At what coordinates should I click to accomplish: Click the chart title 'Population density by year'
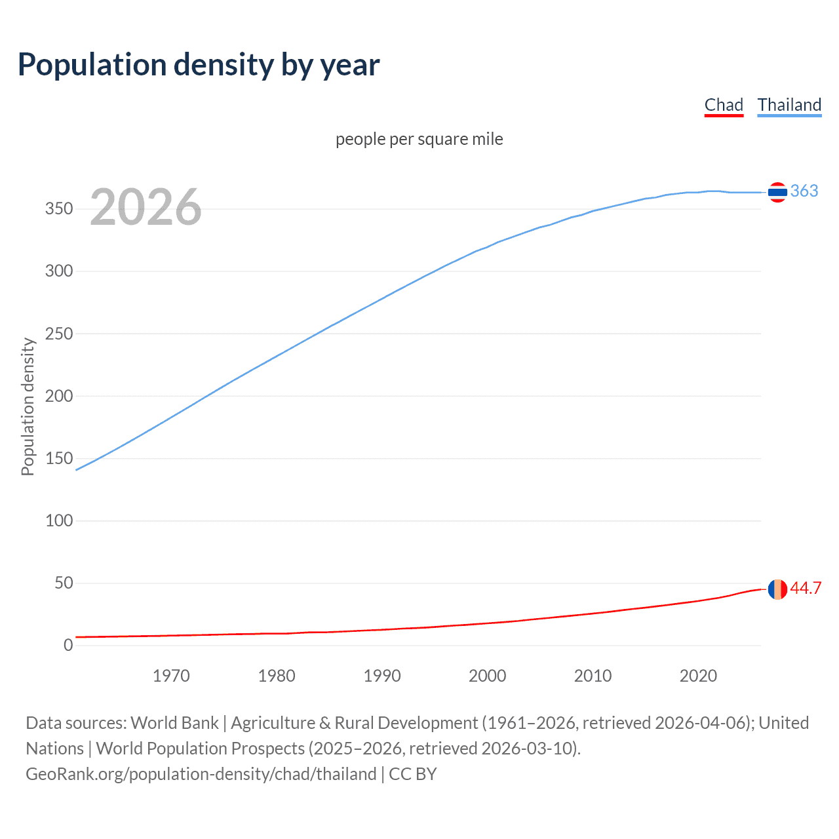(x=199, y=65)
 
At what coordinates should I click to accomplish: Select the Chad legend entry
(x=724, y=105)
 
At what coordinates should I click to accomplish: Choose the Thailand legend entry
(x=789, y=105)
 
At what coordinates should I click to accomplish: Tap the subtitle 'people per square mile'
(x=419, y=139)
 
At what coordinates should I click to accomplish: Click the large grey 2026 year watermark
(x=146, y=207)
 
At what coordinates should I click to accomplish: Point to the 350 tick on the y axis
(x=59, y=209)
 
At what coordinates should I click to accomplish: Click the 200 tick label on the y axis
(x=59, y=396)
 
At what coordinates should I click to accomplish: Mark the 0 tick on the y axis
(x=68, y=645)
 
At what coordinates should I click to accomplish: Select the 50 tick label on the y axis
(x=64, y=583)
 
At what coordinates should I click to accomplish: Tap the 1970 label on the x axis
(x=171, y=676)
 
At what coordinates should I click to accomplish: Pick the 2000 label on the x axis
(x=487, y=676)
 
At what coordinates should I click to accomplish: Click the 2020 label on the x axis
(x=698, y=676)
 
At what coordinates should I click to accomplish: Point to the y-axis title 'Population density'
(x=28, y=406)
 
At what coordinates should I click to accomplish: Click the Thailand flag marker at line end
(x=777, y=192)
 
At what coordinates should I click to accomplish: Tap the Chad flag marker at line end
(x=777, y=589)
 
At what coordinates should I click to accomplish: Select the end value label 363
(x=804, y=191)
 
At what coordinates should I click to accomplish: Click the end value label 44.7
(x=806, y=588)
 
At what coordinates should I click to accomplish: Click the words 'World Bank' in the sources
(x=174, y=723)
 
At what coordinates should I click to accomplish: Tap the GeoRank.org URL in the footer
(x=201, y=774)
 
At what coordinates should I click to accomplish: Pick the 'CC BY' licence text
(x=413, y=774)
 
